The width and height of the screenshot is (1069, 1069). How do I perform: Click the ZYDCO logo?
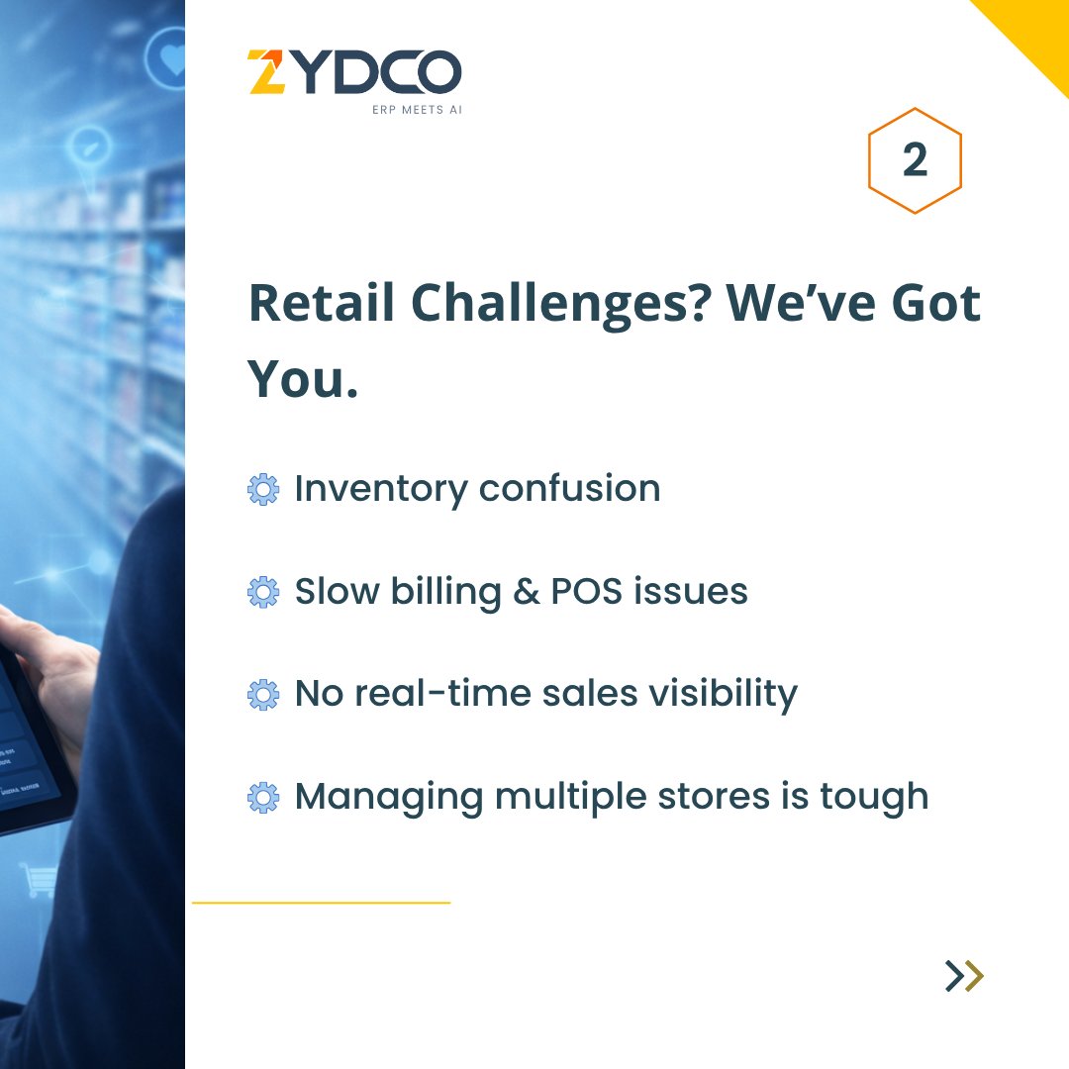(x=354, y=71)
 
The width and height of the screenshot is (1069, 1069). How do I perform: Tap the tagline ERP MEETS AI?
(x=418, y=110)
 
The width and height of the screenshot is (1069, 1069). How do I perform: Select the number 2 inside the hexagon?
(x=915, y=160)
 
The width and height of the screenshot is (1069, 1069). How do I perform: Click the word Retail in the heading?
(x=322, y=303)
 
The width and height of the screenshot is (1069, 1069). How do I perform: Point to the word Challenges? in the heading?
(x=561, y=304)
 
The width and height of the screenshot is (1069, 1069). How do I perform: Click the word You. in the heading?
(x=303, y=378)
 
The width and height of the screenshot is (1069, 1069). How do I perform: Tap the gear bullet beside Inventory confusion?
(x=263, y=490)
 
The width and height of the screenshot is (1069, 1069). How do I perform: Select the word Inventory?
(x=381, y=490)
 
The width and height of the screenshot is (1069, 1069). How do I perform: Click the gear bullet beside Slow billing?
(x=263, y=592)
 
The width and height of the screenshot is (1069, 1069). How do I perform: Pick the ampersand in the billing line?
(x=527, y=591)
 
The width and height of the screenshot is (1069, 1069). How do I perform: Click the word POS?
(x=586, y=591)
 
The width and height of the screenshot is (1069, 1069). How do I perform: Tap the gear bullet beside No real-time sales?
(x=263, y=695)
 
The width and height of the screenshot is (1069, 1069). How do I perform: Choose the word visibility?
(x=723, y=694)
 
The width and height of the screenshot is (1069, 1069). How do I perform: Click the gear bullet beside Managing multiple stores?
(x=263, y=798)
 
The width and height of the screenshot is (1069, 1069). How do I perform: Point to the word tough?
(x=874, y=797)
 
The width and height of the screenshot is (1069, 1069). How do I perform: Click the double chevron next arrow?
(x=965, y=976)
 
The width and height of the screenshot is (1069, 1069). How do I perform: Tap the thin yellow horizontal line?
(x=321, y=903)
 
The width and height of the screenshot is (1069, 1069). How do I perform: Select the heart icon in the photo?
(x=173, y=59)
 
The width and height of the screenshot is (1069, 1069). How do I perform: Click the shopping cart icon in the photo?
(x=39, y=880)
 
